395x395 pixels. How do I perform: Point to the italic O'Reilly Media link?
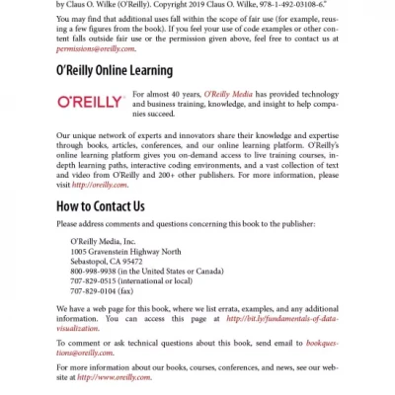pos(232,94)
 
